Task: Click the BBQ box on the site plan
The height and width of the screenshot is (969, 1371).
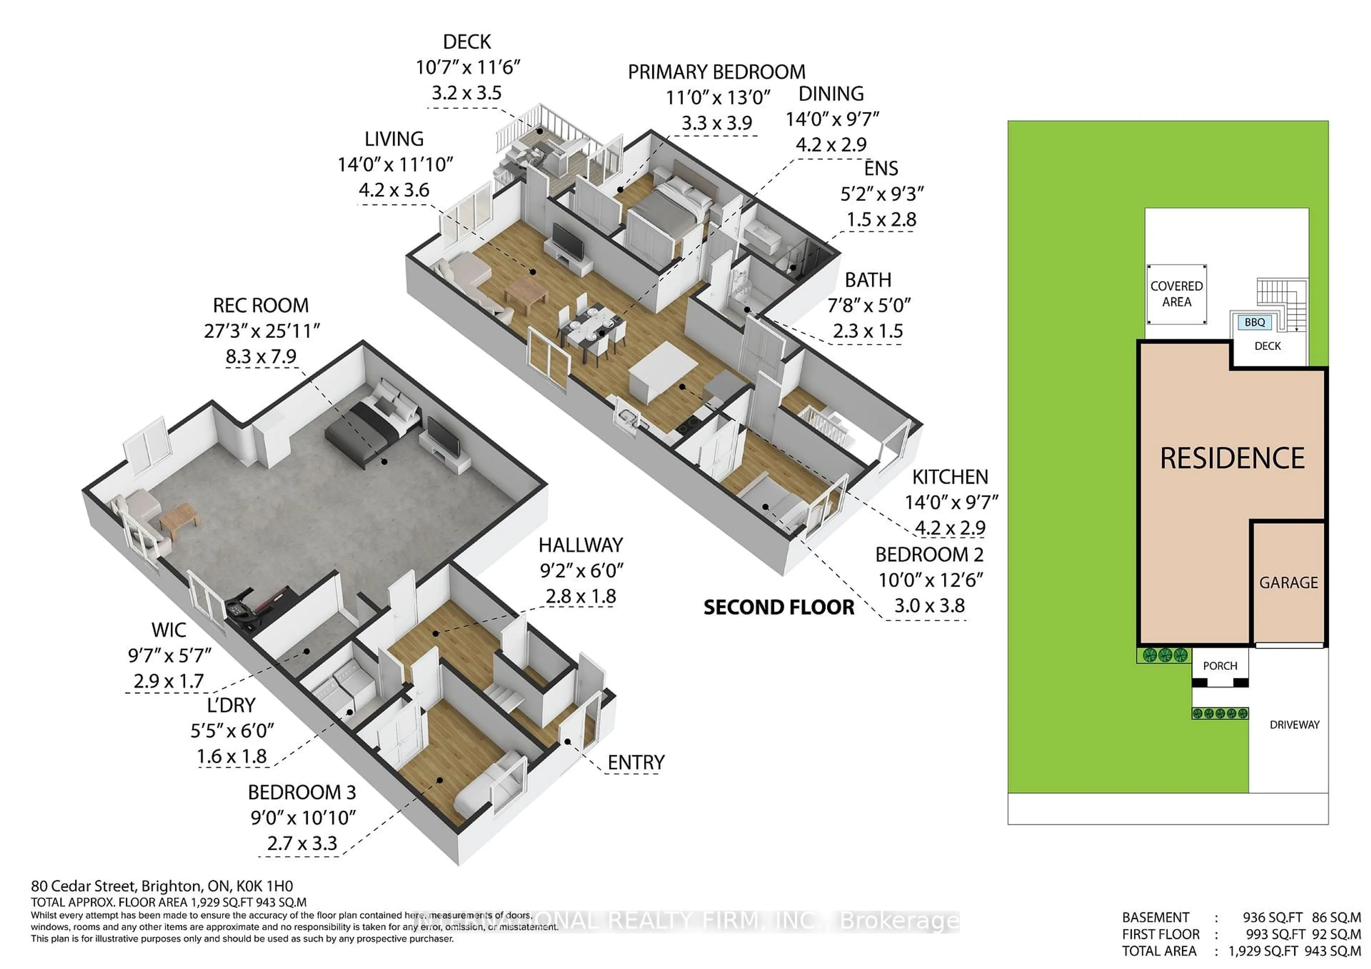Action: click(x=1255, y=322)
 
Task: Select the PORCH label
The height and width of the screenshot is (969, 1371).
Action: click(x=1220, y=666)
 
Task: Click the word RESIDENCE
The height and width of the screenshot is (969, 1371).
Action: click(x=1232, y=458)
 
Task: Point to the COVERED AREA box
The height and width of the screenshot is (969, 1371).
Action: click(x=1176, y=294)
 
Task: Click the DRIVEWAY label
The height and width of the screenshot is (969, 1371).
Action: click(x=1294, y=724)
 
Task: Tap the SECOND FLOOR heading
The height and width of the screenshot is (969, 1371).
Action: click(x=779, y=608)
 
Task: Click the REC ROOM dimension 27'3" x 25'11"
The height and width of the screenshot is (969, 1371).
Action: click(x=262, y=331)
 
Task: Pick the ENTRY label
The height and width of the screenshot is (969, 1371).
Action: click(x=636, y=762)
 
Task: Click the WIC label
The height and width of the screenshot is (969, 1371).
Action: click(x=169, y=630)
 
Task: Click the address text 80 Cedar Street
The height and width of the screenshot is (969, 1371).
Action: click(x=84, y=886)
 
